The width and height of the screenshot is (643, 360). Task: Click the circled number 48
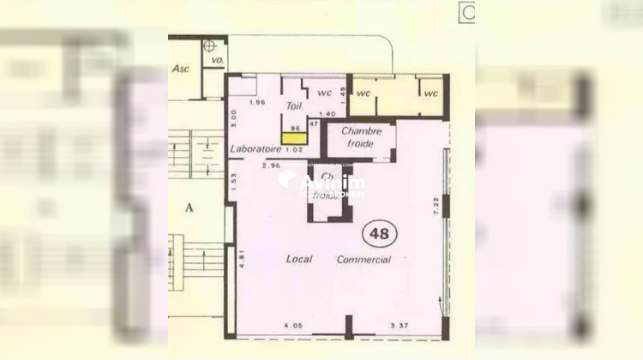[377, 231]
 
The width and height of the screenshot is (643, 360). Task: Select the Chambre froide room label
[362, 137]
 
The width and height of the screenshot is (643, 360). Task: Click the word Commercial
[364, 260]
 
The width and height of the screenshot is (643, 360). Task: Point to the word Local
[299, 258]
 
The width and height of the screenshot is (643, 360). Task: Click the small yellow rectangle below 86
[296, 136]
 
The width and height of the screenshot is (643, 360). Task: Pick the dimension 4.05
[293, 325]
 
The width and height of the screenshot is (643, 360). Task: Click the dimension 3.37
[399, 325]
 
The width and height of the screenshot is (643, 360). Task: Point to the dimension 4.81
[243, 260]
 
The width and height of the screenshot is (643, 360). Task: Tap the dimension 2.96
[272, 165]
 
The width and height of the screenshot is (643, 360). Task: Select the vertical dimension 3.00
[234, 117]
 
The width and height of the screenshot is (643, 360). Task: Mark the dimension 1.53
[233, 182]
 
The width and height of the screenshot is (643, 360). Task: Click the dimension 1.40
[326, 114]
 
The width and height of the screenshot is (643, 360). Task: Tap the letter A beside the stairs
[189, 207]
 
